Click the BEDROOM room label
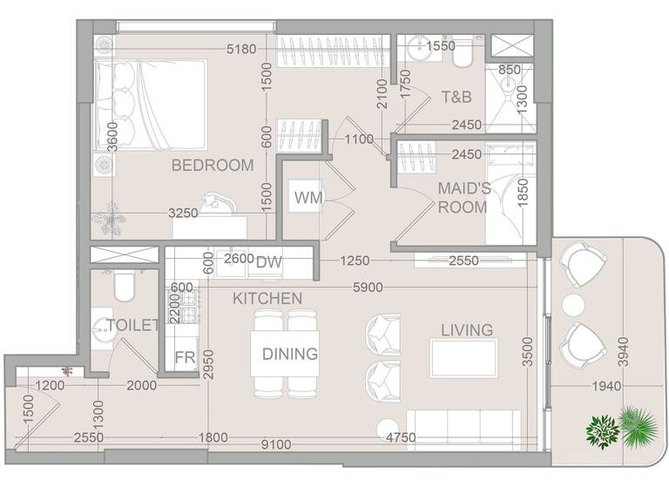pos(212,165)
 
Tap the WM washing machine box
pos(308,199)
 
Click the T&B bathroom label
pos(456,96)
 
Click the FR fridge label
pos(184,357)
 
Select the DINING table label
pos(290,354)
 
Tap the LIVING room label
pos(466,329)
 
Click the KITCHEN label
pos(267,298)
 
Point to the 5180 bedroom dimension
pos(243,50)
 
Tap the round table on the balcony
pos(573,304)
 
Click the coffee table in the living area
pos(464,357)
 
